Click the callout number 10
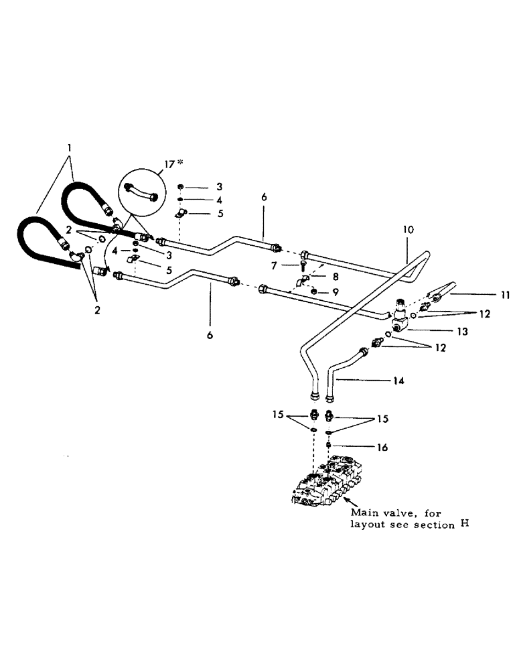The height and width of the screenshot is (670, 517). [x=408, y=229]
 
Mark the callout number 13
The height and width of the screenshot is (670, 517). [x=444, y=331]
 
